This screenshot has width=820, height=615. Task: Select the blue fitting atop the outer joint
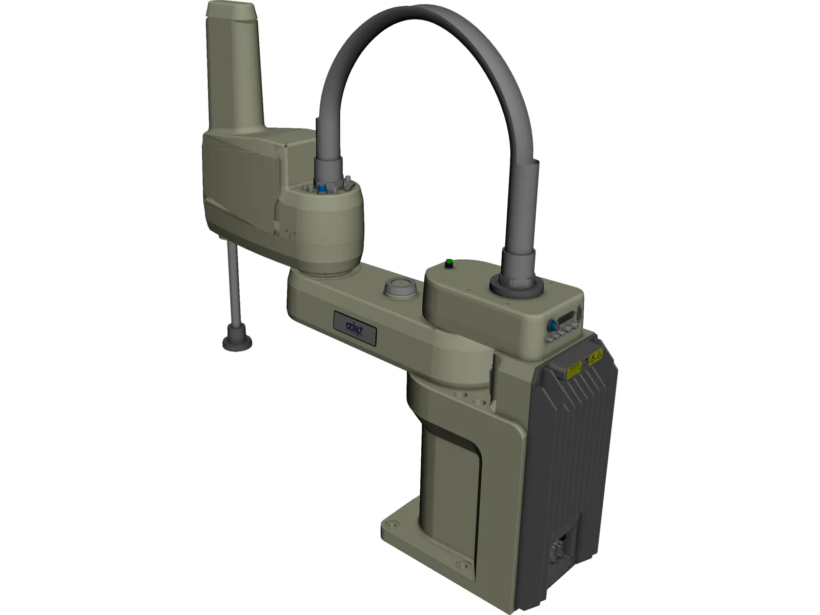pyautogui.click(x=322, y=189)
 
